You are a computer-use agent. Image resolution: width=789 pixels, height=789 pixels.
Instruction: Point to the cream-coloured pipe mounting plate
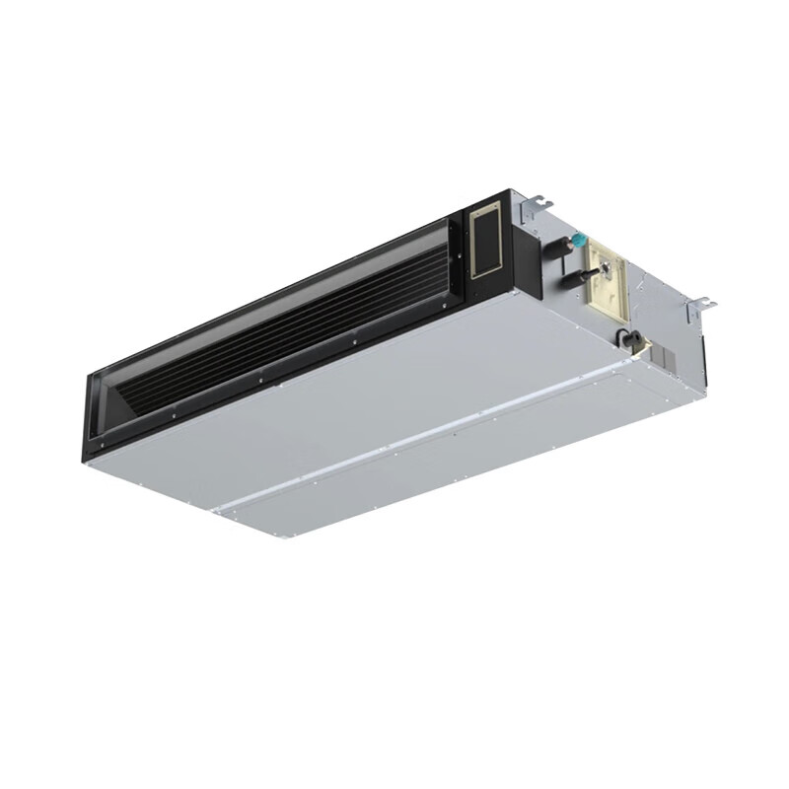pyautogui.click(x=604, y=282)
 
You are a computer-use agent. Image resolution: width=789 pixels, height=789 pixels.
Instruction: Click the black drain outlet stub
pyautogui.click(x=624, y=339)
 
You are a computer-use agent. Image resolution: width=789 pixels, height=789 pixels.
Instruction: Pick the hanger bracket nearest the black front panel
pyautogui.click(x=537, y=204)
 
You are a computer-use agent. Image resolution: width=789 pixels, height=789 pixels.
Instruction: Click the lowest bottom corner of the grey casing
pyautogui.click(x=287, y=538)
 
